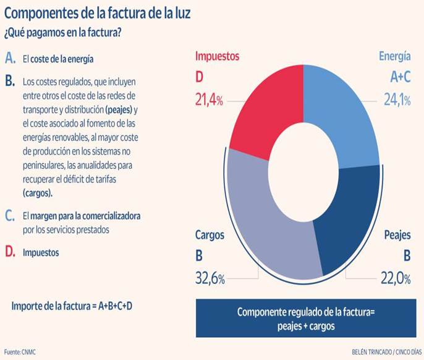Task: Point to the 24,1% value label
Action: coord(396,100)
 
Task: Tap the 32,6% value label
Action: coord(210,279)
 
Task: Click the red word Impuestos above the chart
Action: coord(217,56)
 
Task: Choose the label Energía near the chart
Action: coord(394,56)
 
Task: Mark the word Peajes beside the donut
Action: coord(397,236)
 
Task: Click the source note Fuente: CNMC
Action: coord(22,350)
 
